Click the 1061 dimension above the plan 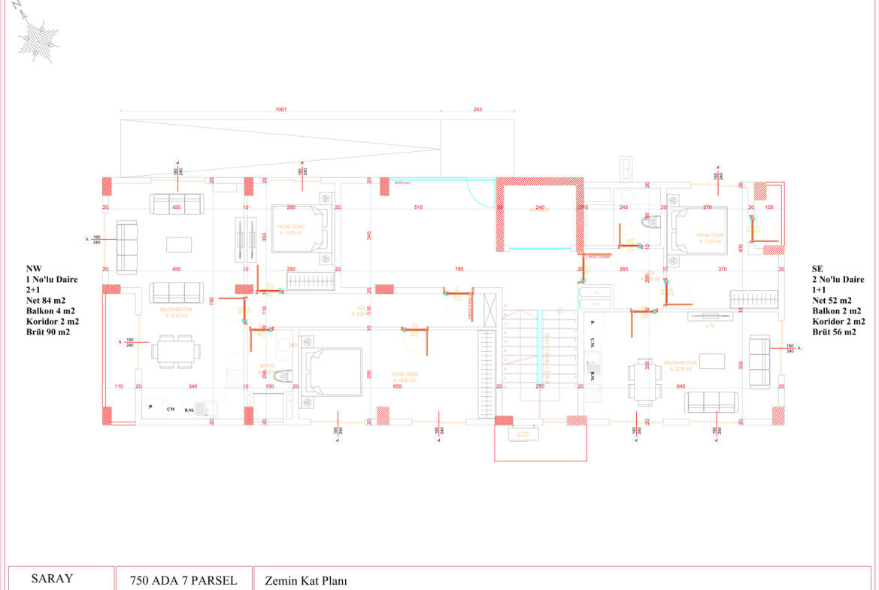pyautogui.click(x=280, y=109)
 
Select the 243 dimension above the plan pyautogui.click(x=477, y=109)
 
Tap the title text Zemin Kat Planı pyautogui.click(x=305, y=581)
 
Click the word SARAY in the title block pyautogui.click(x=52, y=579)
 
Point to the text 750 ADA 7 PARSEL pyautogui.click(x=183, y=581)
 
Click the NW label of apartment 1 pyautogui.click(x=33, y=268)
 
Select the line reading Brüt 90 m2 pyautogui.click(x=47, y=331)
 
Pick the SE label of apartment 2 pyautogui.click(x=818, y=268)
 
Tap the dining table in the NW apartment pyautogui.click(x=177, y=351)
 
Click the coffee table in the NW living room pyautogui.click(x=180, y=244)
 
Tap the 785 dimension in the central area pyautogui.click(x=458, y=268)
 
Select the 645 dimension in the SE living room pyautogui.click(x=681, y=386)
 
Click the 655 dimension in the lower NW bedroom pyautogui.click(x=397, y=386)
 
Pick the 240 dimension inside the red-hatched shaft pyautogui.click(x=539, y=207)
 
